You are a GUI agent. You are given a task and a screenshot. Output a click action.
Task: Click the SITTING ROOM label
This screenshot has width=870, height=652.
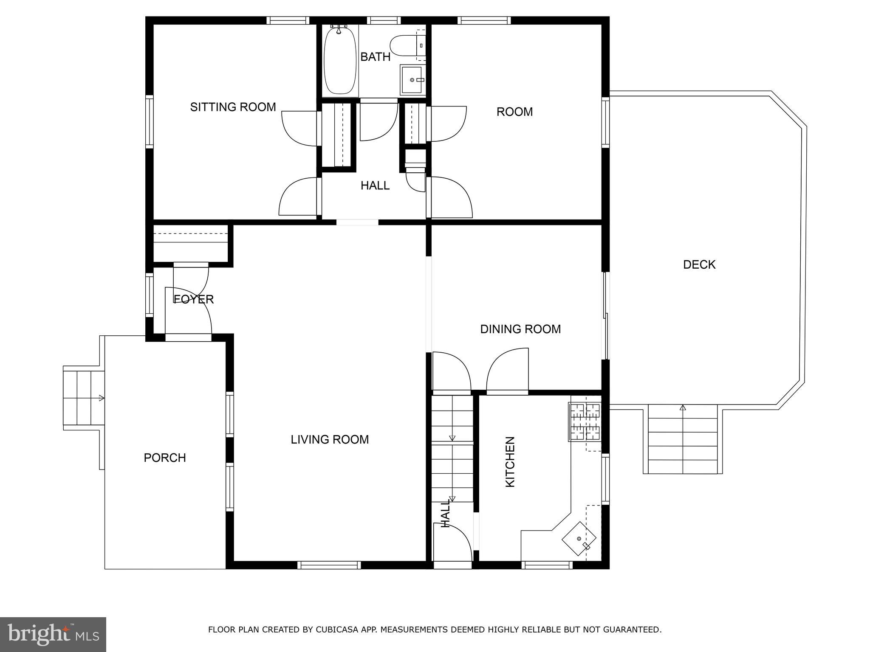pos(233,107)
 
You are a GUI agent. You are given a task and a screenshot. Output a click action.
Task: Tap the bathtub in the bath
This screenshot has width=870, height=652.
pos(340,60)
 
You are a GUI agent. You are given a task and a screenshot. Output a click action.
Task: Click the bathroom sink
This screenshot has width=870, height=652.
pos(411,80)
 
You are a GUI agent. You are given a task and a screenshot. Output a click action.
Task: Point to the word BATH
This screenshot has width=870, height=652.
pos(375,57)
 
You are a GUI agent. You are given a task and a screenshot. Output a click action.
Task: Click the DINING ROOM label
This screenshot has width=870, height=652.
pos(520,329)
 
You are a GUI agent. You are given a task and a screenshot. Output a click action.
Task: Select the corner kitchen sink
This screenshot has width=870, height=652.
pos(579,539)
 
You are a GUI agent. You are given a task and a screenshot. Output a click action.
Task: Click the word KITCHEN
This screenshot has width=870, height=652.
pos(510,461)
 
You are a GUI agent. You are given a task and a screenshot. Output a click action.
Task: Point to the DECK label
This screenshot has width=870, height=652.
pos(699,264)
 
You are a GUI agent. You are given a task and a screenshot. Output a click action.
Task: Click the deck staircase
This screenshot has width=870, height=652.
pos(683,439)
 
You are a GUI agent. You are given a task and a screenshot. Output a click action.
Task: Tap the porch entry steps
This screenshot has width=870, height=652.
pos(84,398)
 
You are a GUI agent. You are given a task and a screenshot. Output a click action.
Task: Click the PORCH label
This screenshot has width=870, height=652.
pos(165,458)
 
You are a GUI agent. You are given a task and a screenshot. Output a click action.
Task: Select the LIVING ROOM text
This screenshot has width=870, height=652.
pos(330,439)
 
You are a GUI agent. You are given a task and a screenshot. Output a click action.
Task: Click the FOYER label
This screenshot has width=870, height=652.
pos(194,299)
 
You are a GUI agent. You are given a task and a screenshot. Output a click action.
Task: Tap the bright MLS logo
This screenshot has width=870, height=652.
pos(53,634)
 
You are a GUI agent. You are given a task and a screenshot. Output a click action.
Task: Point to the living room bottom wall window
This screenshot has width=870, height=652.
pos(329,565)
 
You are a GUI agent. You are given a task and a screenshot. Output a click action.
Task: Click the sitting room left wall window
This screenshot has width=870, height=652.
pos(149,121)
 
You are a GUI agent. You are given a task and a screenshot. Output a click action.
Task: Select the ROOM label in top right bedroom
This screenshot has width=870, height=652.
pos(514,112)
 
